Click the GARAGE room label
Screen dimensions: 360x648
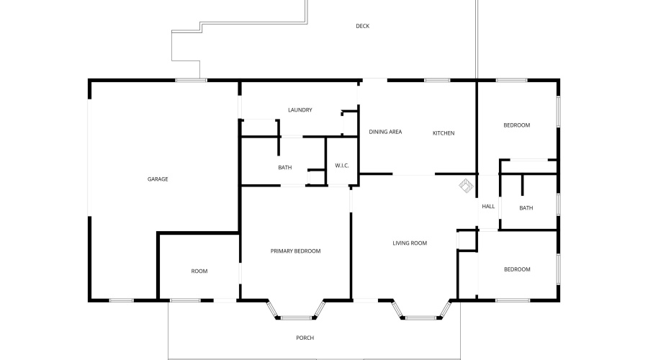point(158,179)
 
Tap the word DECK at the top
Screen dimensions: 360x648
point(362,27)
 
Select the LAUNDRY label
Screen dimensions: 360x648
point(300,110)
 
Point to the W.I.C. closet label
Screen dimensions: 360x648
point(341,166)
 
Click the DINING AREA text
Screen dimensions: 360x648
point(385,132)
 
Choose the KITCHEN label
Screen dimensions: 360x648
point(444,133)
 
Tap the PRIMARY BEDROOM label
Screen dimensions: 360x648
point(295,251)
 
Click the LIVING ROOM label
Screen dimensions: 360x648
point(410,243)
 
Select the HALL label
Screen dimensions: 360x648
point(488,207)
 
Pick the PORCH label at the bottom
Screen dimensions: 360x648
point(305,338)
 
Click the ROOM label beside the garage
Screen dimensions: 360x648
point(199,271)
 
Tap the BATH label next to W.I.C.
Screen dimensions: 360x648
point(285,168)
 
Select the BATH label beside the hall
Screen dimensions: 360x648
point(526,209)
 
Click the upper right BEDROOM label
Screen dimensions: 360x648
point(516,125)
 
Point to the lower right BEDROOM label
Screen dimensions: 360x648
point(516,270)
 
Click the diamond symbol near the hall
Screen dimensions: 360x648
point(467,186)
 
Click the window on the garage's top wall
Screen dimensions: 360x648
point(188,80)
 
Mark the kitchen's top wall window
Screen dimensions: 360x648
point(437,80)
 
